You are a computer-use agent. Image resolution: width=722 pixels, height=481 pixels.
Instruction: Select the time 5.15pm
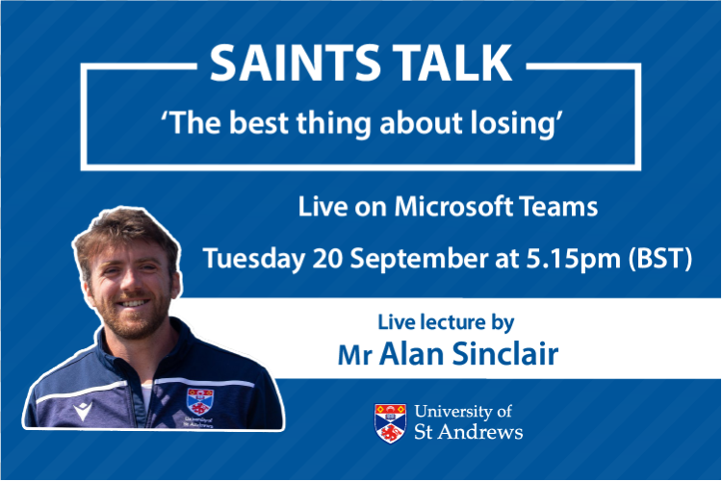tap(563, 259)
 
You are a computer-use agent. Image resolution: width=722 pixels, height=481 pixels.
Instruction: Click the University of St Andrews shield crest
tap(389, 422)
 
